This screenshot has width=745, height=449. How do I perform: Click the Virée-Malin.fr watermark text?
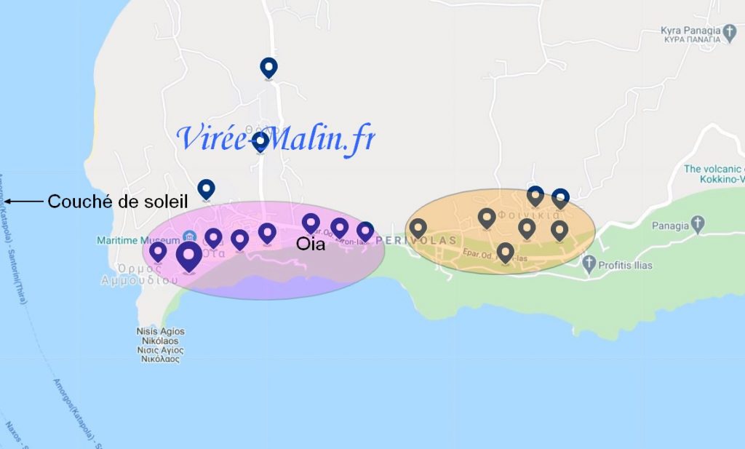[x=276, y=138]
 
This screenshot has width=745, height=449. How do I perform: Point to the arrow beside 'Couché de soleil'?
[x=23, y=202]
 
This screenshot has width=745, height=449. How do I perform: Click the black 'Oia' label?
[x=310, y=245]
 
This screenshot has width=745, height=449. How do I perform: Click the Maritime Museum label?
[x=138, y=240]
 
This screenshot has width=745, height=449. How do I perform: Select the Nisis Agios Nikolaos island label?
[x=161, y=345]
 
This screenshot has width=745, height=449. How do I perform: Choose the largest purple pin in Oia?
[x=189, y=255]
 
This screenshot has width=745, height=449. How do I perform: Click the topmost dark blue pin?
[x=269, y=67]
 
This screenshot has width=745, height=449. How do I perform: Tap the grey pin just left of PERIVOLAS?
[x=418, y=228]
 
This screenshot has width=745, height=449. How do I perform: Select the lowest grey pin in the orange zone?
[x=505, y=252]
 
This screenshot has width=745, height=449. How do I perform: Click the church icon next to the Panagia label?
[x=698, y=224]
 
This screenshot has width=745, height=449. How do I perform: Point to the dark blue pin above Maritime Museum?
[x=207, y=188]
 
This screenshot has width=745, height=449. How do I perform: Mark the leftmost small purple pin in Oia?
[x=158, y=252]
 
